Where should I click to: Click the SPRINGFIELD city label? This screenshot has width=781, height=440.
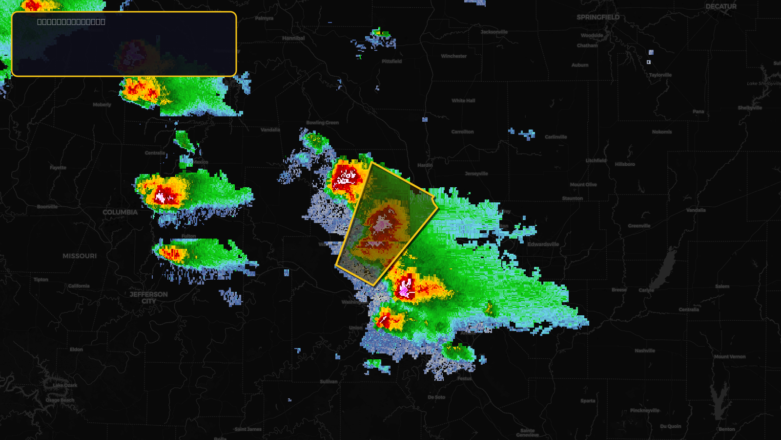click(598, 17)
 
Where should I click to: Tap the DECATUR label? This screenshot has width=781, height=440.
click(720, 6)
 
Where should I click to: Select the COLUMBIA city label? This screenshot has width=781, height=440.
click(120, 212)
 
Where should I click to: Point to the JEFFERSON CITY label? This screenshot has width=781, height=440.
click(148, 297)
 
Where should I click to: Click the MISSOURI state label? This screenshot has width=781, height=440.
click(80, 256)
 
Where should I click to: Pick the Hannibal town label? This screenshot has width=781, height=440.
click(293, 38)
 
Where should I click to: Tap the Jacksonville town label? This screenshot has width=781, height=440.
click(494, 32)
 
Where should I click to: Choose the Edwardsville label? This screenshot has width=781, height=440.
click(543, 244)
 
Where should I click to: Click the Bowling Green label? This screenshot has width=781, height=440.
click(322, 123)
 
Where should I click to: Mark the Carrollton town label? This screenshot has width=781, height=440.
click(462, 132)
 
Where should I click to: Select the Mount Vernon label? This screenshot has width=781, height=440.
click(730, 357)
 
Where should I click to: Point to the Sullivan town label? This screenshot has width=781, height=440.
click(329, 381)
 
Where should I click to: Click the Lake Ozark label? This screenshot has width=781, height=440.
click(65, 385)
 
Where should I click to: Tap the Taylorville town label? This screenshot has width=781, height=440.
click(660, 75)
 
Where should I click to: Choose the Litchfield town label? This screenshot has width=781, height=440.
click(596, 160)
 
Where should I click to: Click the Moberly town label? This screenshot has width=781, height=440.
click(102, 105)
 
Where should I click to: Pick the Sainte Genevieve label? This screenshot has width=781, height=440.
click(527, 433)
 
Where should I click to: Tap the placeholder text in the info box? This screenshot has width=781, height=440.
click(71, 22)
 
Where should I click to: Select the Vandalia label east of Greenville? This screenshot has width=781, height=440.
click(696, 210)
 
